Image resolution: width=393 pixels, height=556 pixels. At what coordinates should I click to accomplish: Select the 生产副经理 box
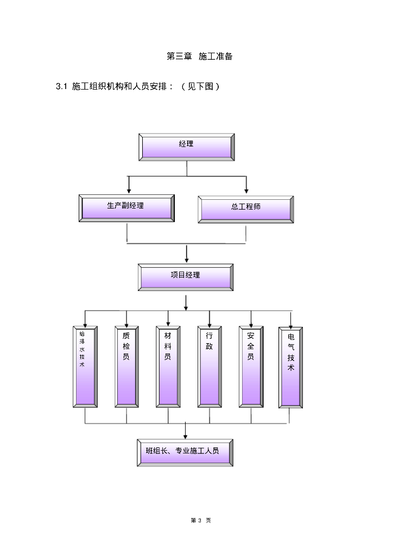(x=127, y=207)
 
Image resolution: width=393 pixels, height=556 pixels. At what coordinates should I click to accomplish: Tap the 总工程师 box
(x=246, y=208)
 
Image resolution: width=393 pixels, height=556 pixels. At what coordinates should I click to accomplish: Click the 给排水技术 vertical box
(x=85, y=367)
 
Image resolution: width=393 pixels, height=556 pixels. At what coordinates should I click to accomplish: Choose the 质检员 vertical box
(x=126, y=367)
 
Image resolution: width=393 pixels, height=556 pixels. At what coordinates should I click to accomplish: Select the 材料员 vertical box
(x=168, y=367)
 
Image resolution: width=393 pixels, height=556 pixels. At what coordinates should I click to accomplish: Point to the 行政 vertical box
(x=210, y=367)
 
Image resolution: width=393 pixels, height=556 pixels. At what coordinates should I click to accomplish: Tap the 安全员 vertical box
(x=251, y=367)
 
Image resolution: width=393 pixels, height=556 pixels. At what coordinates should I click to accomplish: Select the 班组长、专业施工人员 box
(x=186, y=452)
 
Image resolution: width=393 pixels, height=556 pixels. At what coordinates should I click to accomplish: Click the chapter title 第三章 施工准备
(x=199, y=56)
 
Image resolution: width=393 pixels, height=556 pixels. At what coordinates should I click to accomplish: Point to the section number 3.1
(x=61, y=87)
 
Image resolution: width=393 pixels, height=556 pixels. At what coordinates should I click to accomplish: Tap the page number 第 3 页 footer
(x=201, y=520)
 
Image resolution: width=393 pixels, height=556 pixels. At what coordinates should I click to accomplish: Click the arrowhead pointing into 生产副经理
(x=129, y=191)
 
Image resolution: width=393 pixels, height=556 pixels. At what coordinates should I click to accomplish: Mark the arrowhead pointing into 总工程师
(x=246, y=191)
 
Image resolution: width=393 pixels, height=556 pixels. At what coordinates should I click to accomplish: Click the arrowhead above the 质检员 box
(x=126, y=323)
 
